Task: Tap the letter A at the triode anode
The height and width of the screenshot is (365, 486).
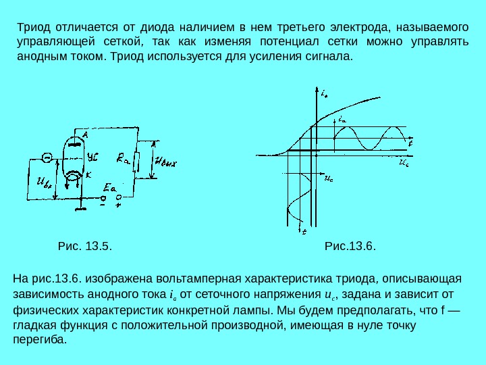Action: click(x=86, y=135)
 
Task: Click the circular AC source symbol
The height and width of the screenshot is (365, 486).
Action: click(x=47, y=157)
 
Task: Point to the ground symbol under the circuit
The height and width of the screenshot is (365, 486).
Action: click(x=81, y=209)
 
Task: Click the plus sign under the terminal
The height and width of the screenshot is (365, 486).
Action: click(x=118, y=207)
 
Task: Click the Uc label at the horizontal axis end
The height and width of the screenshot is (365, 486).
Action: click(x=403, y=163)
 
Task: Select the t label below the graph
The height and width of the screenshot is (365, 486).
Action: click(x=304, y=231)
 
